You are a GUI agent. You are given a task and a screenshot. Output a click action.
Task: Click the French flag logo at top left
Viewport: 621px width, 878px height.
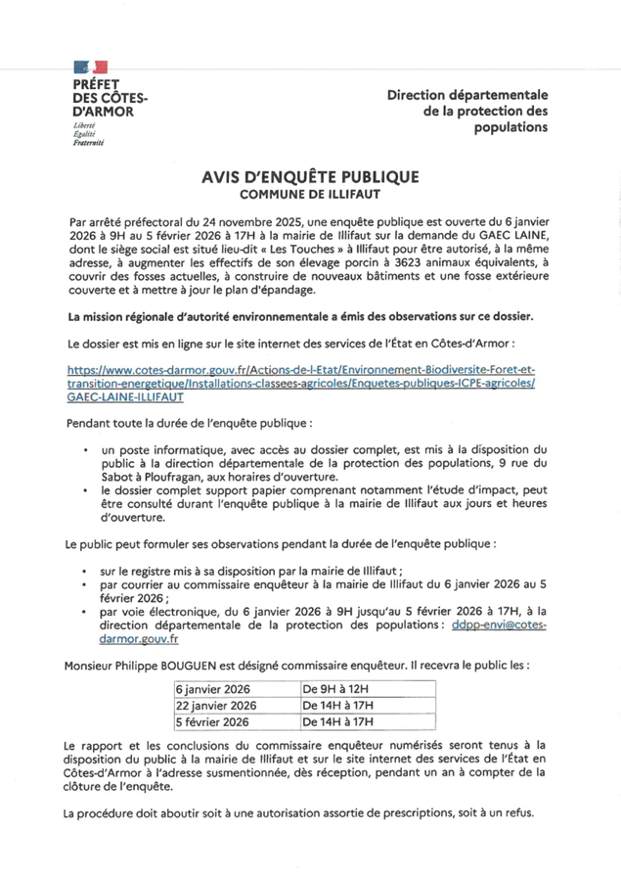coord(91,68)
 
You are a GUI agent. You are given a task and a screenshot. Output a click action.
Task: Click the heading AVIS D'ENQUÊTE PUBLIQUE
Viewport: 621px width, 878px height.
coord(310,177)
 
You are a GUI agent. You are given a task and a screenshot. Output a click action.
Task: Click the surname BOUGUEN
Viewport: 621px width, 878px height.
coord(215,665)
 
